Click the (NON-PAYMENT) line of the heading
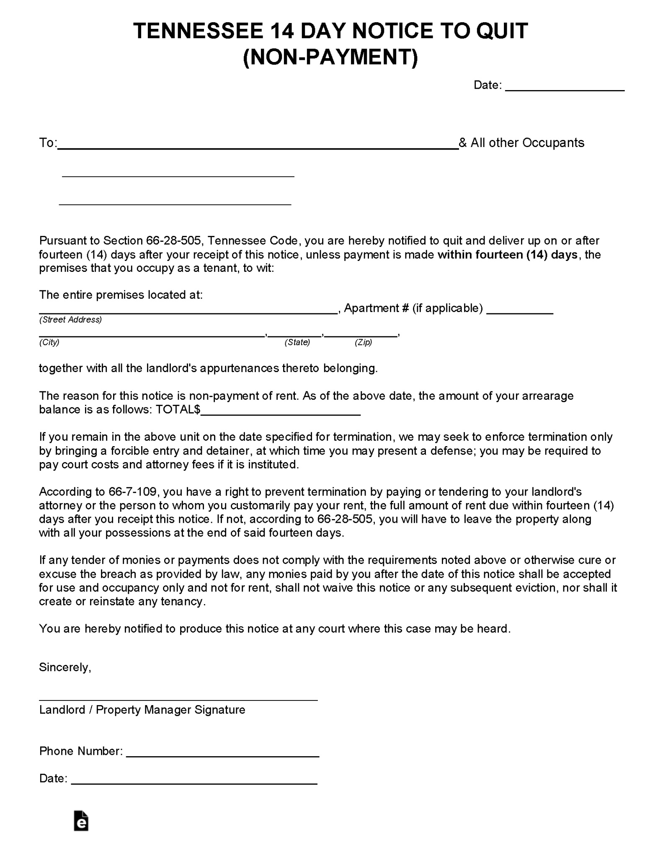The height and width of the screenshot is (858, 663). coord(330,57)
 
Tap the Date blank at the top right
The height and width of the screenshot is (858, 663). coord(565,86)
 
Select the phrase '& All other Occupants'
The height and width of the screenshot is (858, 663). coord(521,143)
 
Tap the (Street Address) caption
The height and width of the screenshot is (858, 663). coord(70,320)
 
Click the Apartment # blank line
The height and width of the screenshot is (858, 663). coord(520,310)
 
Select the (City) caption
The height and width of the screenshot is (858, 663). coord(49,342)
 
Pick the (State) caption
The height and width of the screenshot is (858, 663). coord(297,342)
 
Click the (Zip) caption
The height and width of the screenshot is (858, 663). coord(363,342)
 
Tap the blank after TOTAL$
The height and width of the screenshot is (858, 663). coord(281,411)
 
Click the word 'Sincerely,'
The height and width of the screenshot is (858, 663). coord(65,667)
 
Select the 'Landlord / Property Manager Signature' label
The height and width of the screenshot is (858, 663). coord(142,710)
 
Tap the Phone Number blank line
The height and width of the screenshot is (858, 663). coord(222,752)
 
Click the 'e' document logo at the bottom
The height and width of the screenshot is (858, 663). coord(81,821)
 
